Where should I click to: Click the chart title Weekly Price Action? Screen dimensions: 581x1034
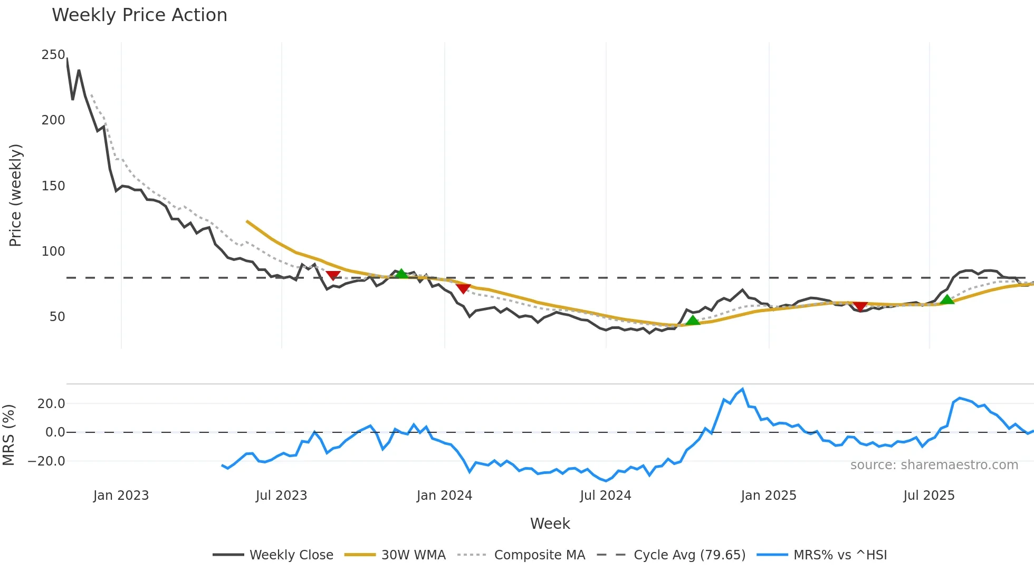139,15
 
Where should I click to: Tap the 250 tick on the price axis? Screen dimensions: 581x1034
53,55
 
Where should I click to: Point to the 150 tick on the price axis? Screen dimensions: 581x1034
53,186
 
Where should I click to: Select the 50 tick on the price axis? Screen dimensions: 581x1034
57,317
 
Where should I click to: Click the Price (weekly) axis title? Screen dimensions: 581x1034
16,195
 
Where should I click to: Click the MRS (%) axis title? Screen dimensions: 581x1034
8,435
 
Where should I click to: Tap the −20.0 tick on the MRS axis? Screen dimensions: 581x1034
46,461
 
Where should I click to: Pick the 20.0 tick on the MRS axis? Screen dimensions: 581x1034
51,404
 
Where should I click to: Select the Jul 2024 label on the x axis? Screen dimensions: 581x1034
605,496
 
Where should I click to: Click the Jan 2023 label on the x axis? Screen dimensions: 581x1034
121,496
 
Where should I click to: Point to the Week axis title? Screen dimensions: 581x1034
550,524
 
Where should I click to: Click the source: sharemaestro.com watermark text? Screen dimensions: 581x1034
934,465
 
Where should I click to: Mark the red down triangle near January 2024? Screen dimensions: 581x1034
463,288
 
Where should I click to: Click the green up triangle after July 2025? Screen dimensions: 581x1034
947,299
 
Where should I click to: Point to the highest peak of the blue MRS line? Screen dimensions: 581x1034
742,390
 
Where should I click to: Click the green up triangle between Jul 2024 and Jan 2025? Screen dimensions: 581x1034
692,320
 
